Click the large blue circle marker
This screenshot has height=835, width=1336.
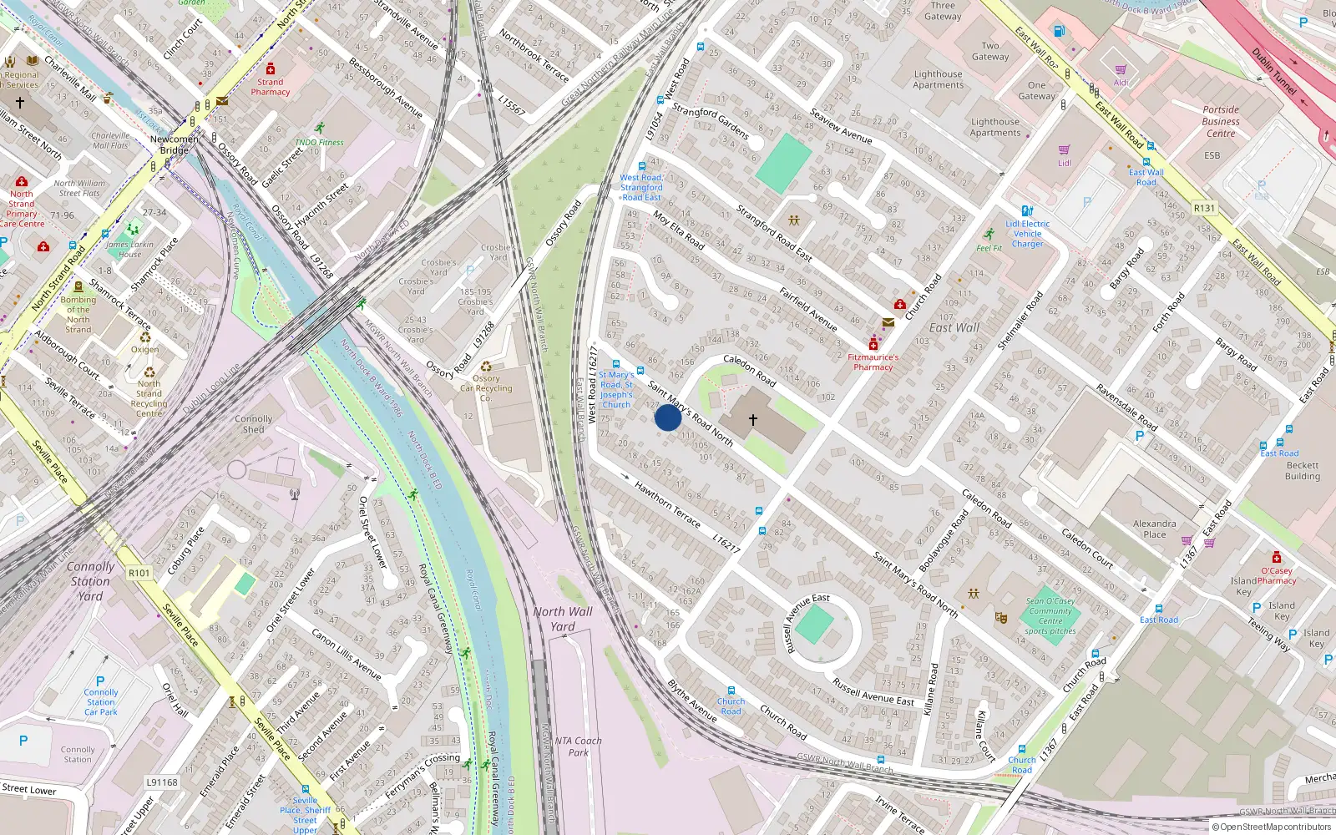pyautogui.click(x=668, y=417)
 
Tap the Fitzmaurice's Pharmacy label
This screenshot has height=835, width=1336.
pyautogui.click(x=873, y=362)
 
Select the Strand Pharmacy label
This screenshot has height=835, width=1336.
pyautogui.click(x=271, y=87)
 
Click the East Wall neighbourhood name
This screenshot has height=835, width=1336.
pyautogui.click(x=954, y=328)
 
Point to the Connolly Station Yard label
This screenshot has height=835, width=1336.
pyautogui.click(x=90, y=581)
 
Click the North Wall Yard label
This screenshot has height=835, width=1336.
pyautogui.click(x=563, y=619)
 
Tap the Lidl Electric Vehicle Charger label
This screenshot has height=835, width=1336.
pyautogui.click(x=1028, y=234)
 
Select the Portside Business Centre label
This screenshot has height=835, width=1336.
pyautogui.click(x=1221, y=122)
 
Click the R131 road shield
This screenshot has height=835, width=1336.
pyautogui.click(x=1205, y=208)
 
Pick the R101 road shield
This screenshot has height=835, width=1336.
pyautogui.click(x=139, y=573)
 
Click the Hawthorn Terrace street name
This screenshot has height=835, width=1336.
pyautogui.click(x=667, y=504)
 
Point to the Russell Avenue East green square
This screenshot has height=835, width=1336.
pyautogui.click(x=814, y=625)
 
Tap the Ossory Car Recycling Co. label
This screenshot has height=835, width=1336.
pyautogui.click(x=486, y=387)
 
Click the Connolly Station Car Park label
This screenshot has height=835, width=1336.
pyautogui.click(x=101, y=702)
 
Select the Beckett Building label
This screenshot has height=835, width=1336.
pyautogui.click(x=1303, y=471)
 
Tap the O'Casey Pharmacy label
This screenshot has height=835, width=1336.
pyautogui.click(x=1277, y=575)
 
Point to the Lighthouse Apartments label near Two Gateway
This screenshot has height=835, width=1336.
pyautogui.click(x=938, y=79)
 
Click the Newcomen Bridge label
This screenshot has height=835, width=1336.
pyautogui.click(x=175, y=144)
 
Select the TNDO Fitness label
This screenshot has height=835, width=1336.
pyautogui.click(x=320, y=142)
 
